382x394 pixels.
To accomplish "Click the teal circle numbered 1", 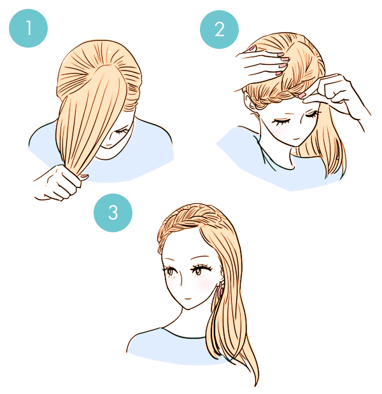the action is click(x=28, y=28).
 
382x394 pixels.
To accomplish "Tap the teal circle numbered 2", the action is click(x=219, y=29).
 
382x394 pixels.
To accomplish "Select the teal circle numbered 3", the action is click(x=113, y=213).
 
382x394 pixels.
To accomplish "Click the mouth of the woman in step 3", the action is click(x=188, y=299).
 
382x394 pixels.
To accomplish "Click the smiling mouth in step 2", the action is click(x=297, y=139).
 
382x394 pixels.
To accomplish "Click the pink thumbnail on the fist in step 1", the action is click(x=84, y=177).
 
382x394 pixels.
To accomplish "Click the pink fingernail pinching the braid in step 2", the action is click(x=302, y=95).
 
